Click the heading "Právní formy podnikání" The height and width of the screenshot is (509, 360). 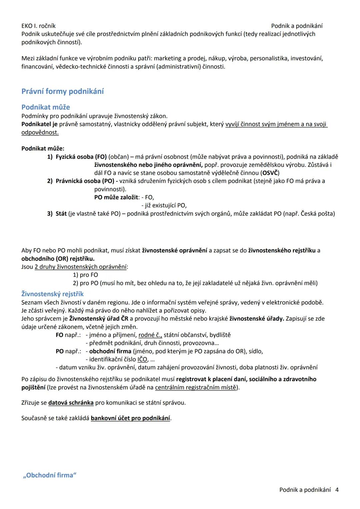point(62,91)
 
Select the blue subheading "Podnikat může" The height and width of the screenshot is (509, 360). point(46,107)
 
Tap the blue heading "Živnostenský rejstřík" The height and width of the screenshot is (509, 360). point(52,294)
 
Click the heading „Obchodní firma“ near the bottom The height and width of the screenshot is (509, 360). point(49,475)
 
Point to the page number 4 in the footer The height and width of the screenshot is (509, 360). point(337,490)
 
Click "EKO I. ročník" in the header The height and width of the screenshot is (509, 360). point(38,26)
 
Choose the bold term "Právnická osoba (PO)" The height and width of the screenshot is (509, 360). point(85,181)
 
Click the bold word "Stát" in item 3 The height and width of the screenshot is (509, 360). point(61,213)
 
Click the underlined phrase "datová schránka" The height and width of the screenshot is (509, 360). point(71,403)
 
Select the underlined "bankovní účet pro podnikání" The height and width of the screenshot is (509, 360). point(130,418)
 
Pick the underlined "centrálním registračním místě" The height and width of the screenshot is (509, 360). point(196,388)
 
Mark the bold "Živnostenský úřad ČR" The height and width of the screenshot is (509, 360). point(99,319)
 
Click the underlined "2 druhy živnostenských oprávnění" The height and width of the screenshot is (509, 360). point(80,267)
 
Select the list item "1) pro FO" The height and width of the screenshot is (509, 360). point(85,275)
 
